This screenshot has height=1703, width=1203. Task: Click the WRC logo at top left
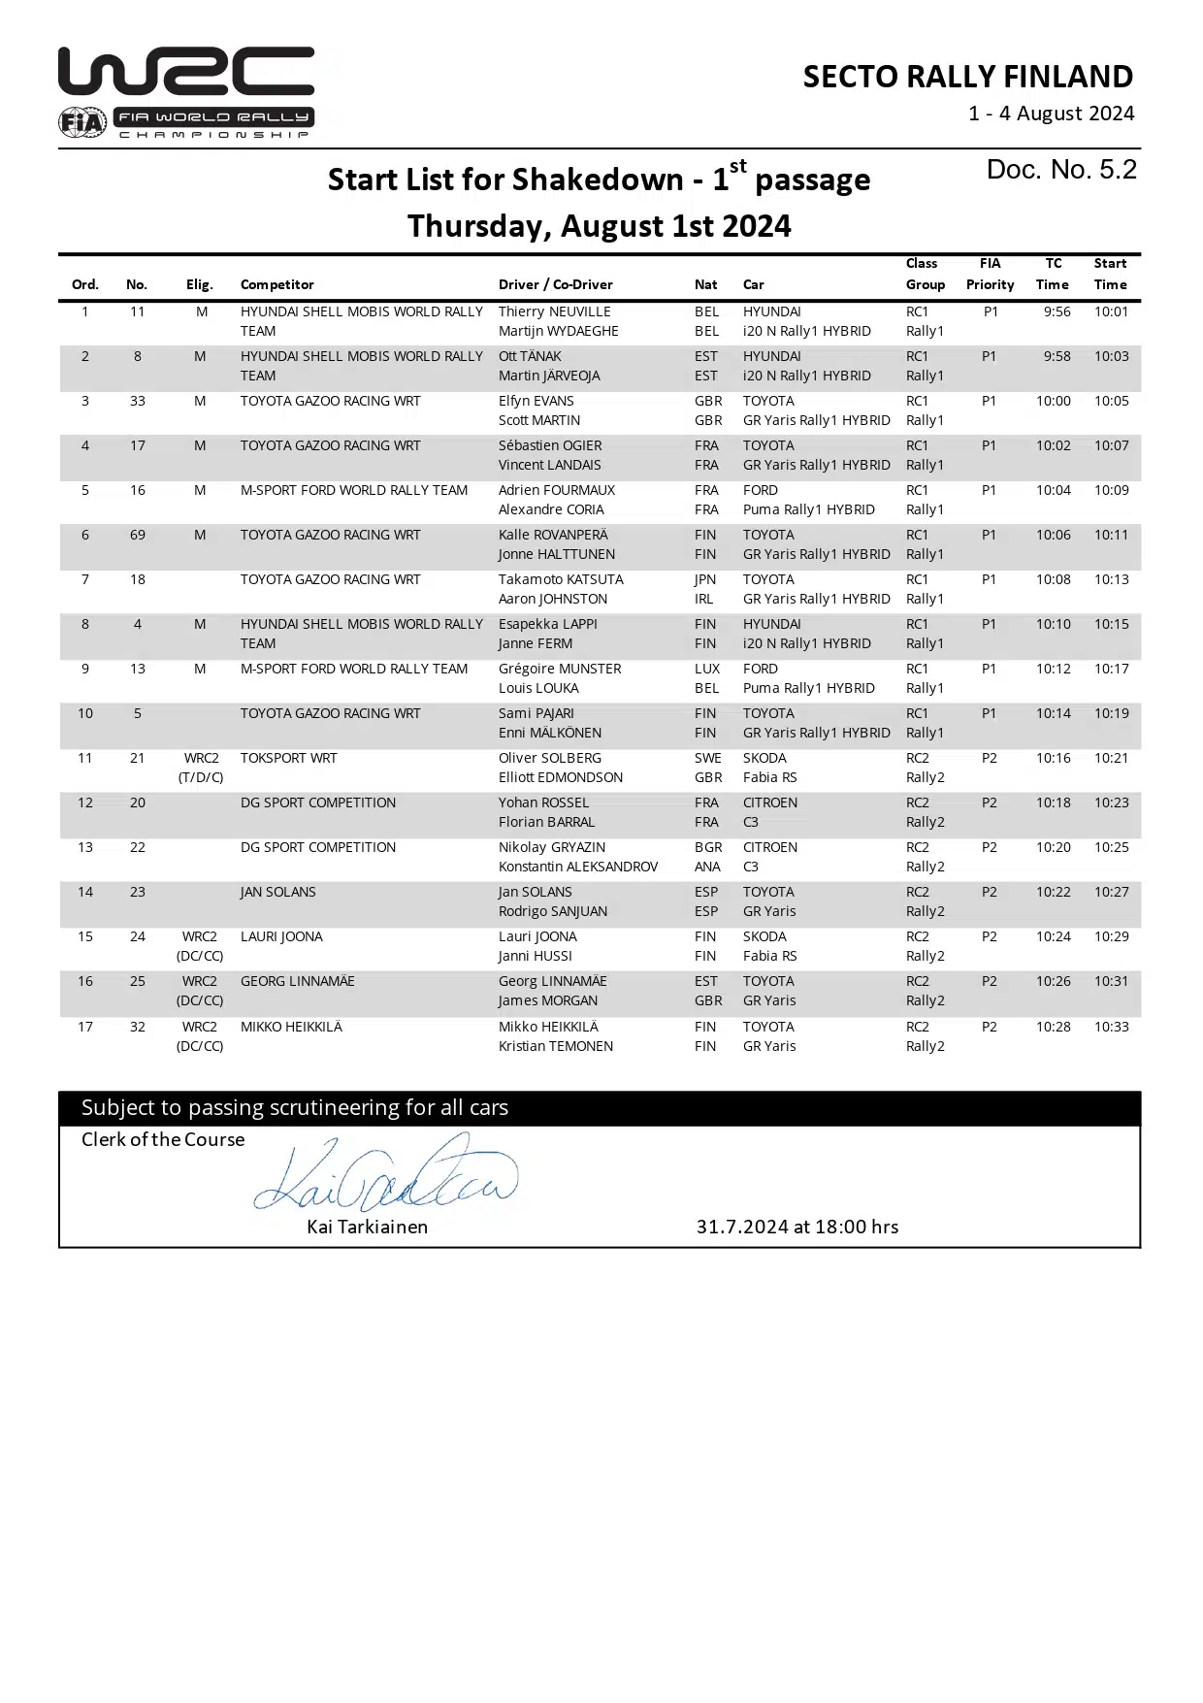(x=186, y=92)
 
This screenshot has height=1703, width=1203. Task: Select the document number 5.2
(x=1061, y=170)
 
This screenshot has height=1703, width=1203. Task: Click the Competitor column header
(x=276, y=284)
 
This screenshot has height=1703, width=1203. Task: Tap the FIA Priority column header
(x=990, y=274)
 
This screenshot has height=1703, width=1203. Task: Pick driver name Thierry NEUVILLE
(x=554, y=311)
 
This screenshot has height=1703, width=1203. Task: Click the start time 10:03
(x=1111, y=356)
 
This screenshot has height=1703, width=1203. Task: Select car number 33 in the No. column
(x=138, y=401)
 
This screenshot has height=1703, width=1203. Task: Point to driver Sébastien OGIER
(x=549, y=445)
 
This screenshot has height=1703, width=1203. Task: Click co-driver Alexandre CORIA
(x=550, y=509)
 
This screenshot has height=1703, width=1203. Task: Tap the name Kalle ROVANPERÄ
(x=552, y=535)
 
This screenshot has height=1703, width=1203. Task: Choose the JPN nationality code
(x=705, y=579)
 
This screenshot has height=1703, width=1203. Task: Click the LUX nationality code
(x=707, y=669)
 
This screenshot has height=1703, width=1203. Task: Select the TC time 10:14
(x=1053, y=713)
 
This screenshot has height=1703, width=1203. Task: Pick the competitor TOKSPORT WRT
(x=288, y=758)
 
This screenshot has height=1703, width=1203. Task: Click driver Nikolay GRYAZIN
(x=551, y=847)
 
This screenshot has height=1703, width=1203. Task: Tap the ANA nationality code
(x=707, y=867)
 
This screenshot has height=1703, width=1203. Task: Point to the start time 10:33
(x=1111, y=1027)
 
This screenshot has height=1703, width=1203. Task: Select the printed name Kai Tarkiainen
(x=367, y=1227)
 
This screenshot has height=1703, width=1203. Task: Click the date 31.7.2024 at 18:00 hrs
(x=797, y=1227)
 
